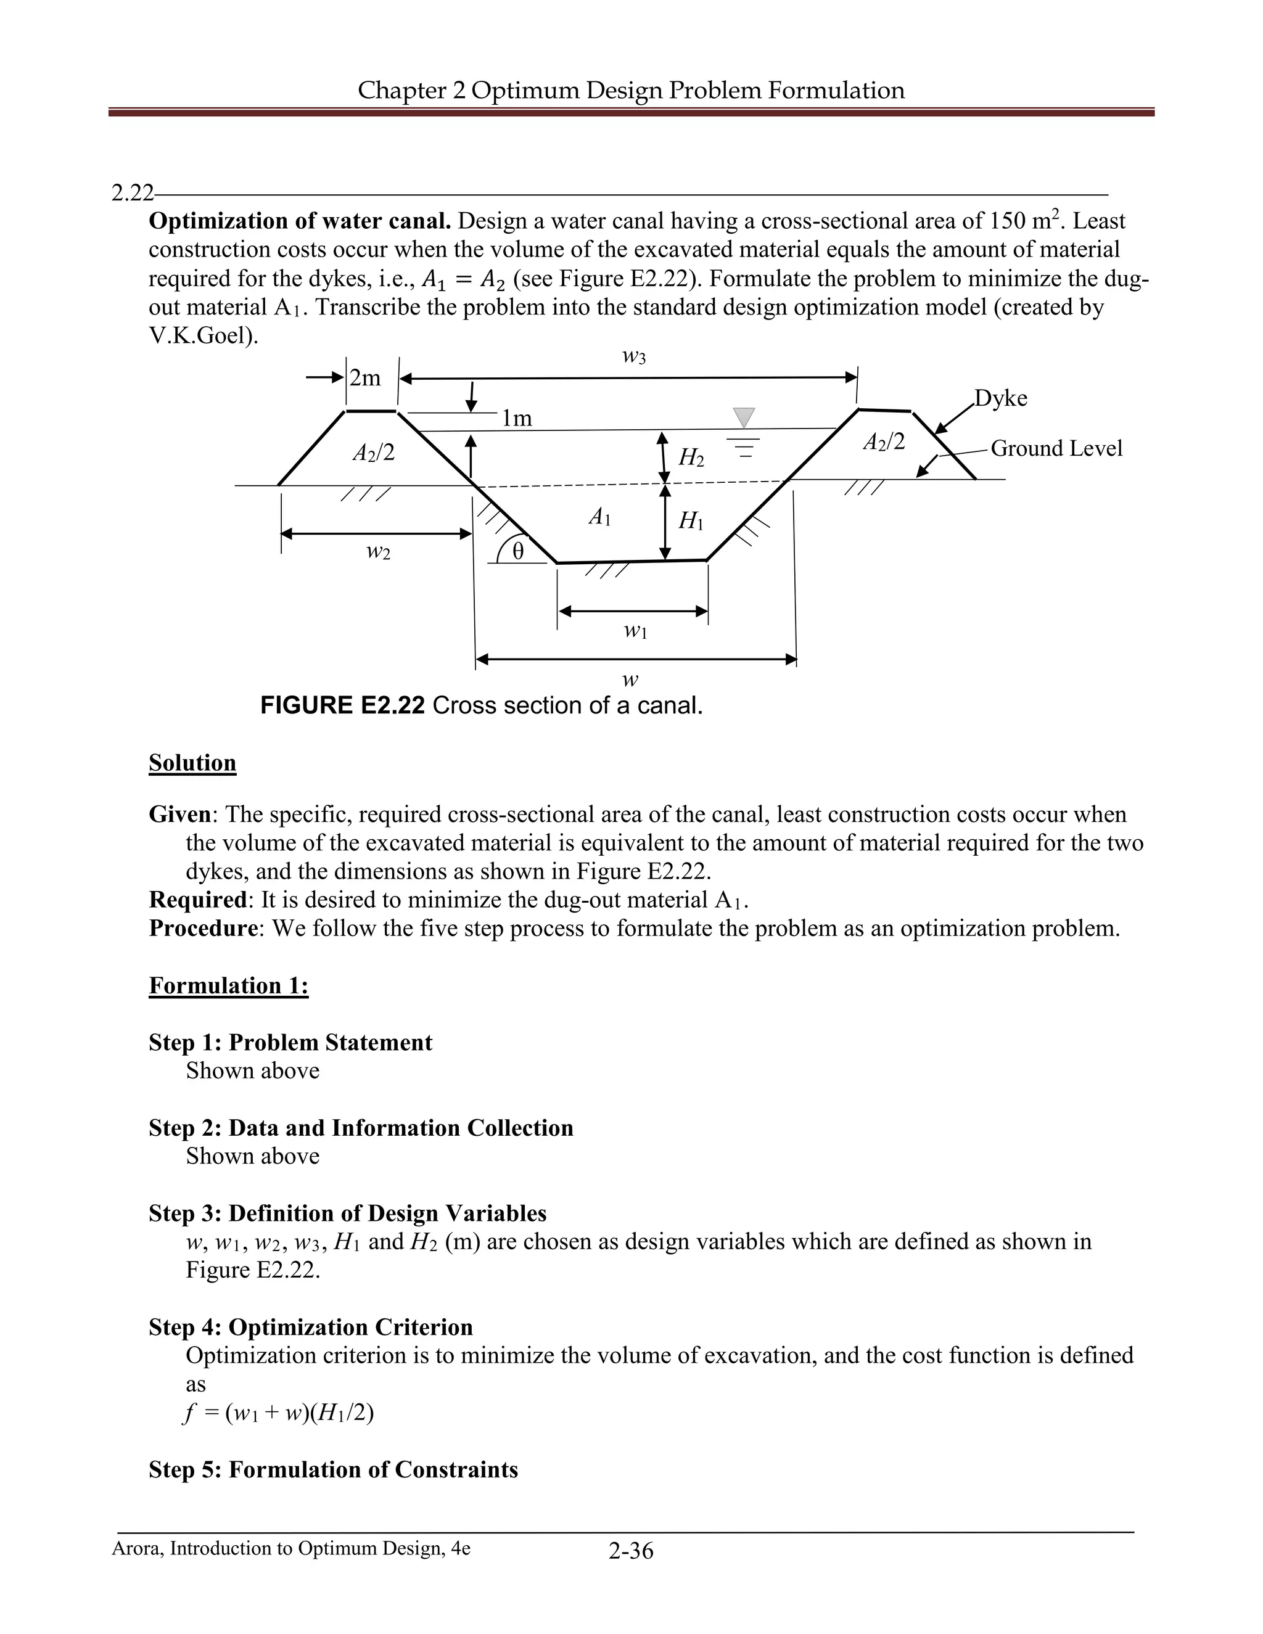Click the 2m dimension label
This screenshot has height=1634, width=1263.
pos(365,379)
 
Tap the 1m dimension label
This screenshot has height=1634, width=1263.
pos(517,418)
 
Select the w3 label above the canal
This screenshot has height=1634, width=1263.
pos(634,357)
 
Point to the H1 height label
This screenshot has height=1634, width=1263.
pos(691,521)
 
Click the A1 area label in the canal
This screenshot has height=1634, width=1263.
pos(599,516)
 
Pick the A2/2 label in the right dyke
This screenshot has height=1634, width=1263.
pos(884,442)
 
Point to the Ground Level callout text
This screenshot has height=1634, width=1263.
pos(1056,448)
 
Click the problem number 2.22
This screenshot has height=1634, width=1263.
pos(132,193)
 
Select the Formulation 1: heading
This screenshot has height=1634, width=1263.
pos(228,985)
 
